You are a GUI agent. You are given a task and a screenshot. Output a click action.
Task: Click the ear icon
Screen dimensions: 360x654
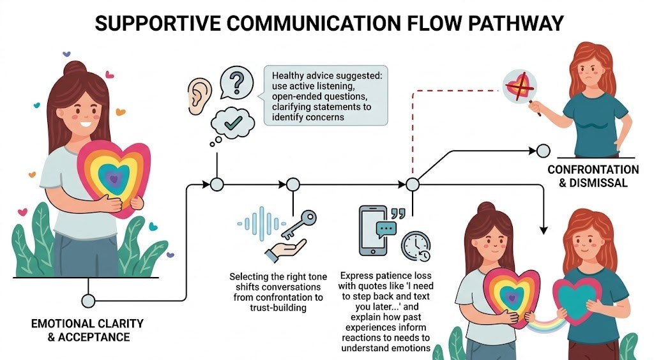point(199,96)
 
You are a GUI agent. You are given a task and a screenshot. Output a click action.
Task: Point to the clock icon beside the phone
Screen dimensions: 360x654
point(415,245)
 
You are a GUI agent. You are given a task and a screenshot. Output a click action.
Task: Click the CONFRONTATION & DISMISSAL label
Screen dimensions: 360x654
point(593,176)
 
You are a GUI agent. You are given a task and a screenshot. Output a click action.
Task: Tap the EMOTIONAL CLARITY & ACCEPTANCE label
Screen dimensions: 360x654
point(87,330)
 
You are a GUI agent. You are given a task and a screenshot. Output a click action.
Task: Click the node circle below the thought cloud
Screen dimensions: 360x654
point(217,184)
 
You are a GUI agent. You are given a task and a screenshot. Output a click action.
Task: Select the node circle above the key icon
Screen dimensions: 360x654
point(293,184)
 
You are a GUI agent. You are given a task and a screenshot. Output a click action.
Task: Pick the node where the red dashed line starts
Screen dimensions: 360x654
point(413,184)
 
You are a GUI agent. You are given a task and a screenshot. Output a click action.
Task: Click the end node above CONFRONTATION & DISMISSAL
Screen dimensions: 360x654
point(543,151)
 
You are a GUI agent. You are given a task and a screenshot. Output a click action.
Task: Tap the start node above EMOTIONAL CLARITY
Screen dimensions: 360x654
point(88,300)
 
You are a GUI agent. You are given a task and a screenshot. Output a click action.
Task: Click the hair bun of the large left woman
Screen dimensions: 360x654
point(75,68)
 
